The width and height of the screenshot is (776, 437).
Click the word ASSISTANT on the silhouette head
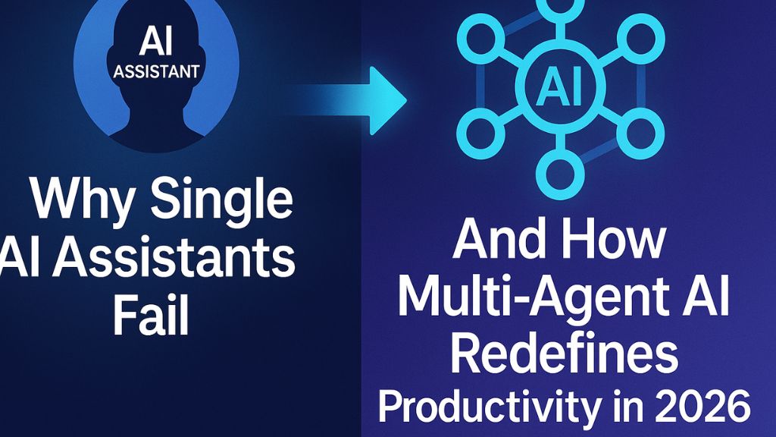[x=155, y=72]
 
